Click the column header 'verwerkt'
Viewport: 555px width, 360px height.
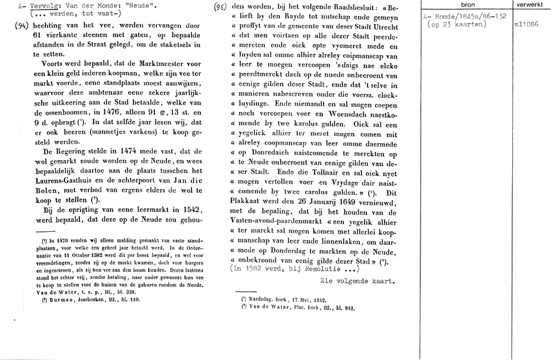(533, 5)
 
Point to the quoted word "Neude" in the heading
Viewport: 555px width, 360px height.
(146, 6)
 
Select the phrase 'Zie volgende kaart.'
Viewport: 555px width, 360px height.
(357, 281)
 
